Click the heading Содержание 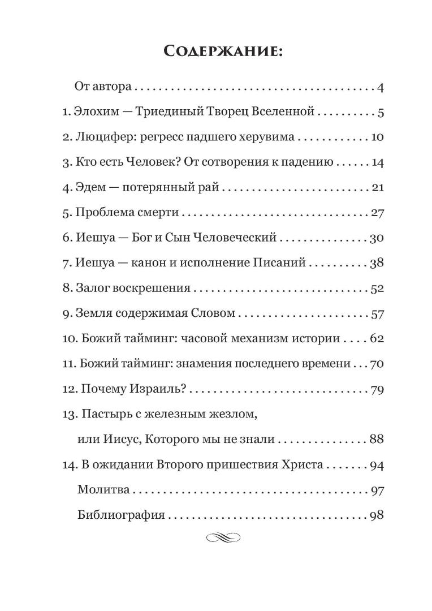click(215, 52)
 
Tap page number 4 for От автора click(381, 88)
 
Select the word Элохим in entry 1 click(96, 112)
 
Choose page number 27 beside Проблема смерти click(377, 213)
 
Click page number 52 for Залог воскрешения click(377, 289)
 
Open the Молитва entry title click(103, 490)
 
